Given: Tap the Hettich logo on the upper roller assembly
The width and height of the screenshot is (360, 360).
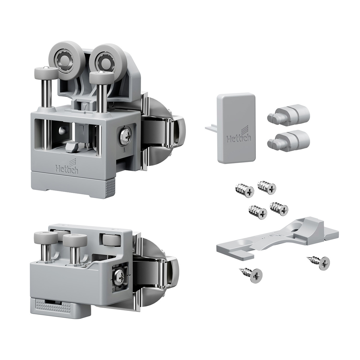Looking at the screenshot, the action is click(67, 167).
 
